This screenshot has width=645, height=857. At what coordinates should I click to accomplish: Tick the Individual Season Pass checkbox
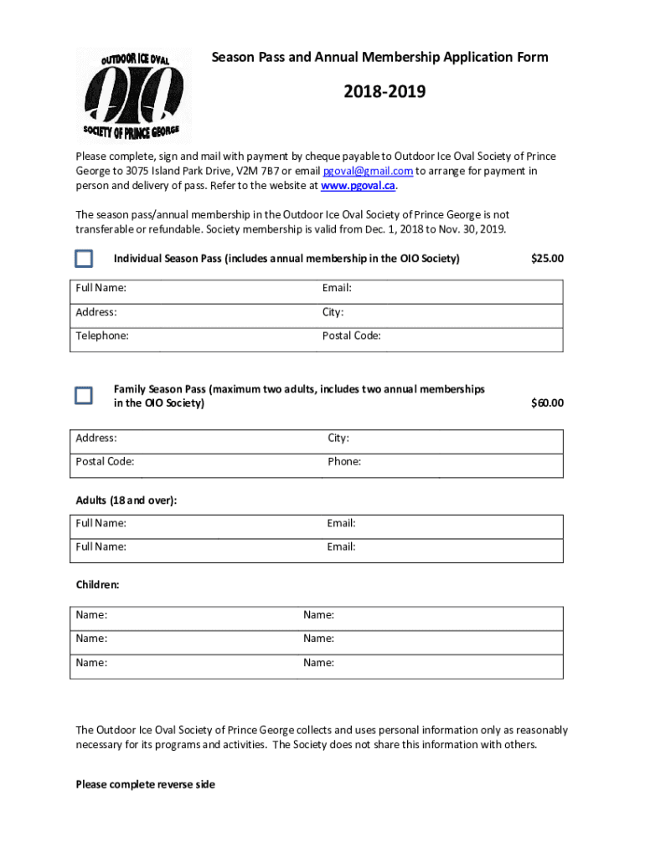84,259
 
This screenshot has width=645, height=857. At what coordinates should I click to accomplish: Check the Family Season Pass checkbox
84,395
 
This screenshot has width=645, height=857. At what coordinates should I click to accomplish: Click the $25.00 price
547,259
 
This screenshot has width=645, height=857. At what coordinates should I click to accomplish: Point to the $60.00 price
547,403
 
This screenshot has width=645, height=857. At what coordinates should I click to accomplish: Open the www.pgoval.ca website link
358,186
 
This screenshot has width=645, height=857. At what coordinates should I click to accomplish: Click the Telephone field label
102,336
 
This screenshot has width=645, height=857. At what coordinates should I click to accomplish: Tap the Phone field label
344,461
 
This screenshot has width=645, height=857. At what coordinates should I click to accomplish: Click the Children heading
98,585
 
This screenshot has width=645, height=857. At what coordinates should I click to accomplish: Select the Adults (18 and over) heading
126,500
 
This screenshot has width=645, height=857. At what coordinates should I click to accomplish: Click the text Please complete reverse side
146,784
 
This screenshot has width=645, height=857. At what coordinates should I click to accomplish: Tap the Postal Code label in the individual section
351,336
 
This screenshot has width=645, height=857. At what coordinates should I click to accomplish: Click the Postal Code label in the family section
105,461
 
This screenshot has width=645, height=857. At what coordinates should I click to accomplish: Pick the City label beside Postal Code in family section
338,438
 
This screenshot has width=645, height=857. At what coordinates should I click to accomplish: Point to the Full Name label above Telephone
101,288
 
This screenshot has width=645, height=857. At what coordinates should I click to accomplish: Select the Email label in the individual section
337,288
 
